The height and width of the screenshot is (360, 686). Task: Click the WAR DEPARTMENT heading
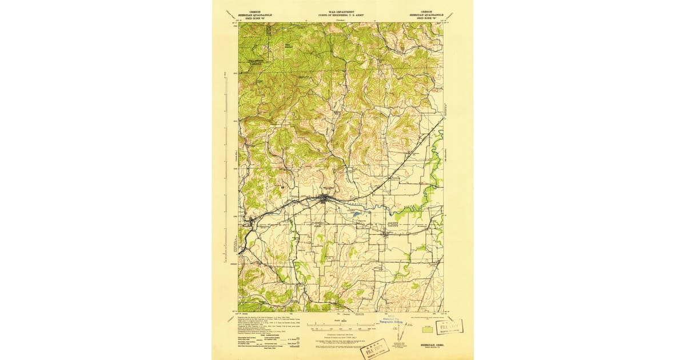341,11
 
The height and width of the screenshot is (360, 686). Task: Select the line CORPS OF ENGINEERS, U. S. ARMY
341,15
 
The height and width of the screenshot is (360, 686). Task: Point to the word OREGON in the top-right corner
426,11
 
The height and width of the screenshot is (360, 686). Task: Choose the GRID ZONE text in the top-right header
426,19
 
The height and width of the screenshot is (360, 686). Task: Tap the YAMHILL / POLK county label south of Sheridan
318,223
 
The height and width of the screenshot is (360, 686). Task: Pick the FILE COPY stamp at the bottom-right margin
449,327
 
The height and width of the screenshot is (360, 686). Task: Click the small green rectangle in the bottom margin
426,329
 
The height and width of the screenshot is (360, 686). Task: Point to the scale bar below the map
341,330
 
